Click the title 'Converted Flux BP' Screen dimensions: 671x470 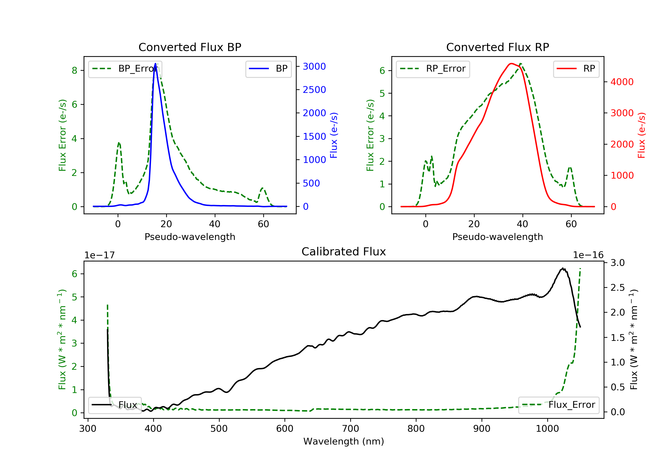point(190,47)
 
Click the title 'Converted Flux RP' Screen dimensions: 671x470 point(498,47)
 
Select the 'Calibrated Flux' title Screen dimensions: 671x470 point(344,252)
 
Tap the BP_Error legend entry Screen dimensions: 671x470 point(125,69)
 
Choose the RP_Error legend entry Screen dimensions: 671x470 point(433,69)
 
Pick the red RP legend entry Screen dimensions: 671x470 point(576,68)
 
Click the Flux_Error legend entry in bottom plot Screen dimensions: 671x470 point(558,405)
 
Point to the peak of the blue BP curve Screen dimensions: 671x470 point(155,64)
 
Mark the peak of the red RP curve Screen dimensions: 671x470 point(511,64)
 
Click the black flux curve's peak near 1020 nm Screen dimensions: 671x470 point(563,268)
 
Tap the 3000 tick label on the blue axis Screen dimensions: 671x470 point(314,66)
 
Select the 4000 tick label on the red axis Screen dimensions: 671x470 point(622,82)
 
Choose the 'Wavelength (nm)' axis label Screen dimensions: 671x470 point(344,441)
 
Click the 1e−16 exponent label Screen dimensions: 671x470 point(588,255)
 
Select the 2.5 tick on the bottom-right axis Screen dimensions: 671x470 point(618,288)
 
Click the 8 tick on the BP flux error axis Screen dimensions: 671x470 point(74,70)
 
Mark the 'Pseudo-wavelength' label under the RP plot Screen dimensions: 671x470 point(498,237)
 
